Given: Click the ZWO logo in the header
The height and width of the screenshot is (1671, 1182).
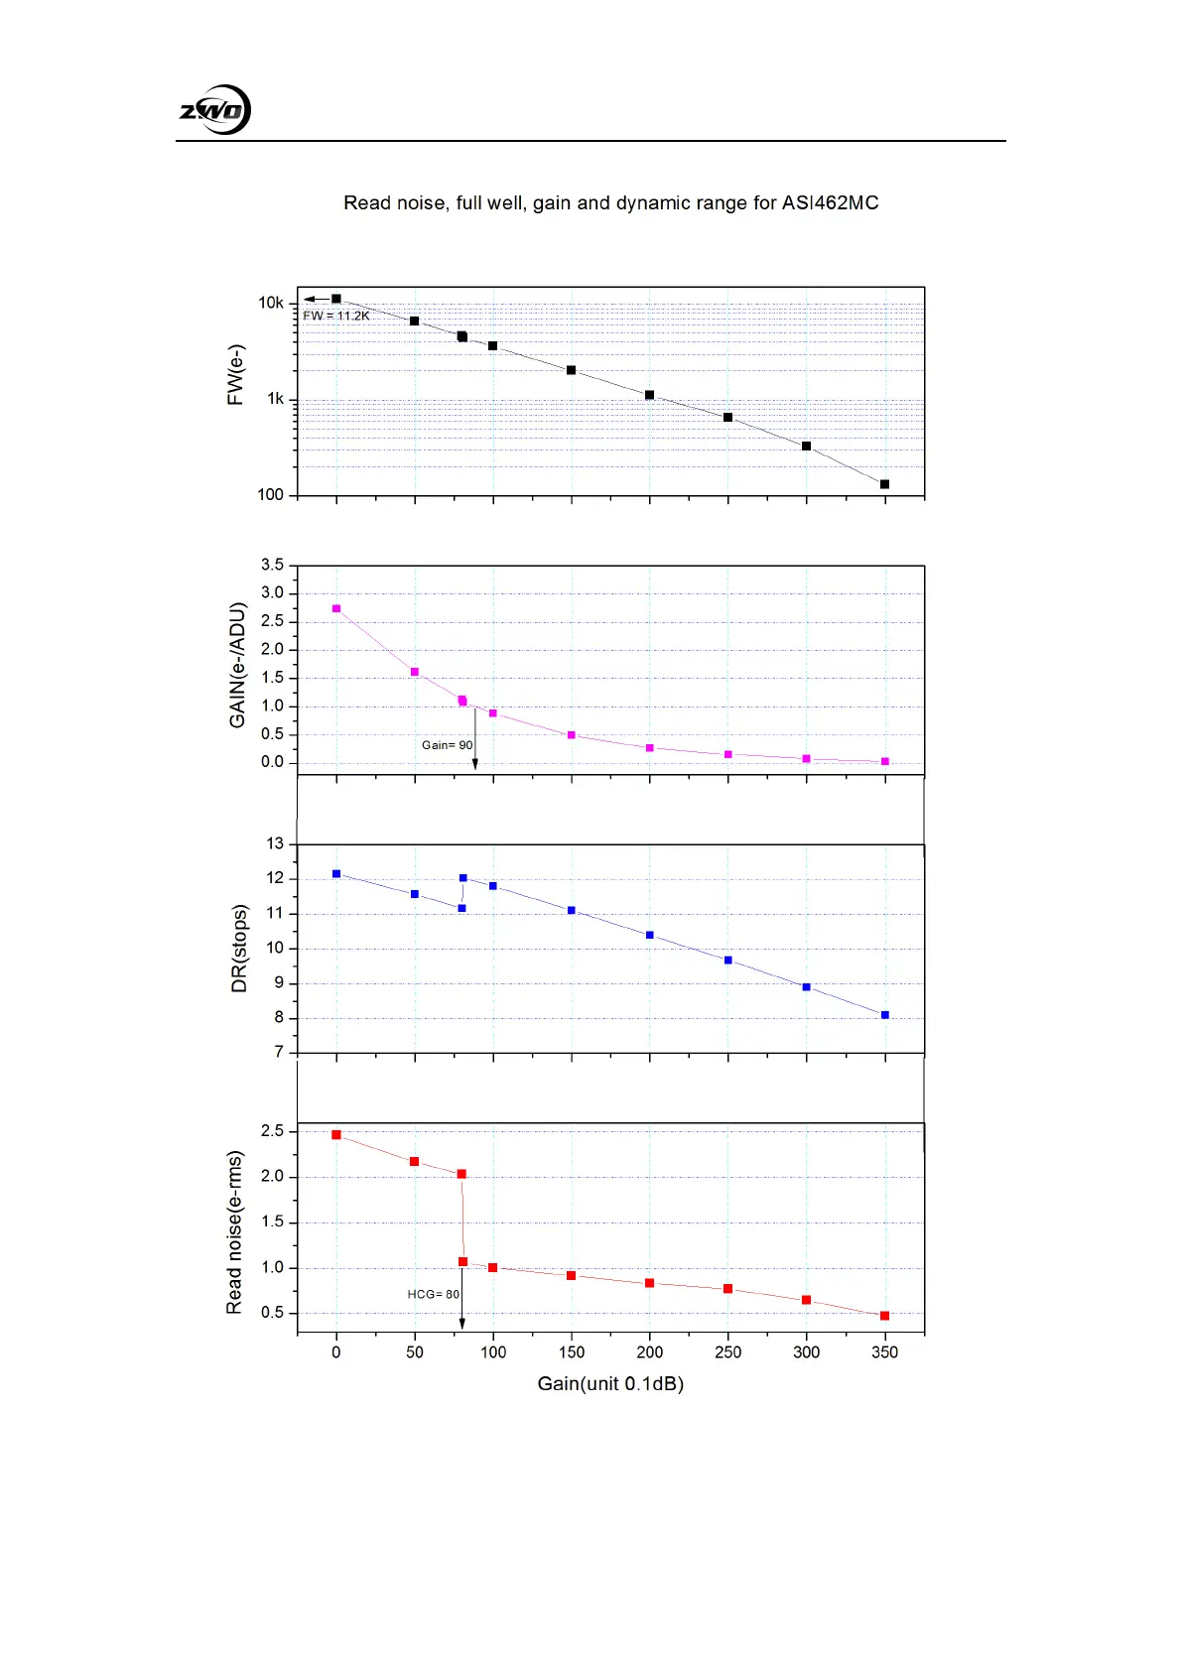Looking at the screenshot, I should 214,110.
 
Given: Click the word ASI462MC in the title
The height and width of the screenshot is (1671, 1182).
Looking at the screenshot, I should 830,203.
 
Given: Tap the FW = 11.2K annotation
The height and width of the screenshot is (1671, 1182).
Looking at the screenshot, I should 336,316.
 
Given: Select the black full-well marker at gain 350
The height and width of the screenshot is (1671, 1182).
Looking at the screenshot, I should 884,484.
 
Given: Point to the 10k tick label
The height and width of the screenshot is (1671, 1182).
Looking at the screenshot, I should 271,303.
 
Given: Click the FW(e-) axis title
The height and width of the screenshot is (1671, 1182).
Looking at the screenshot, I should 236,375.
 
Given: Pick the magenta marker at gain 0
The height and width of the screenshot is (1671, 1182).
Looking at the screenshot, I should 336,608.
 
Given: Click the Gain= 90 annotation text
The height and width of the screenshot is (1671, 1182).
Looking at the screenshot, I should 447,745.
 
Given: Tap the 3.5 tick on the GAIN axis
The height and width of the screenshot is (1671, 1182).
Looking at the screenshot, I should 272,565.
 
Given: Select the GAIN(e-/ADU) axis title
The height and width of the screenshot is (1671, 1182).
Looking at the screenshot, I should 237,665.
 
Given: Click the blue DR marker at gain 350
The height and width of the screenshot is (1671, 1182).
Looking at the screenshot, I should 884,1015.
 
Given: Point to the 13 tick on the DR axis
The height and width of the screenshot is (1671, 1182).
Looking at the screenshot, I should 275,843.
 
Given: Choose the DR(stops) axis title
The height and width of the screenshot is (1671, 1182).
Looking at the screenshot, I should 239,949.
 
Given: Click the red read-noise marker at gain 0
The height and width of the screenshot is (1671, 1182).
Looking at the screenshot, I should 336,1134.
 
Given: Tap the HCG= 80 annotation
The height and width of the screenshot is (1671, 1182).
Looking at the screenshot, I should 433,1294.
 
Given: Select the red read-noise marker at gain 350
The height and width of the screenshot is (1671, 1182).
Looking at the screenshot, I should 884,1316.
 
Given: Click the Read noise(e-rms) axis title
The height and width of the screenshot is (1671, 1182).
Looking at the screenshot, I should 235,1232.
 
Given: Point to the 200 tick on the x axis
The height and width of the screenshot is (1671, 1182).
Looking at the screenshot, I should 649,1351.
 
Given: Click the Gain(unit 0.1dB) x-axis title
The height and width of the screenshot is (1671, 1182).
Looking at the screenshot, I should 610,1383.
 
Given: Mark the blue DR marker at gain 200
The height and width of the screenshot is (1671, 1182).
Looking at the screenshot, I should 649,935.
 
